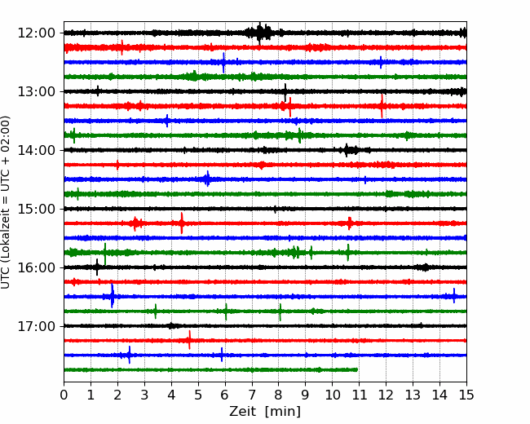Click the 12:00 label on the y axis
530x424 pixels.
point(36,33)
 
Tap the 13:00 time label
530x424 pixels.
point(36,91)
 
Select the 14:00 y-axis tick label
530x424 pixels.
point(36,150)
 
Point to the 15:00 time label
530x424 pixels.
point(36,209)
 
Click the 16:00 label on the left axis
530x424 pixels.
point(36,267)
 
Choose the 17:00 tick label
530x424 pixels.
point(36,326)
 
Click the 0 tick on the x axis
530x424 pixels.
point(64,395)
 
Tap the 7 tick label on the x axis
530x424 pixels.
point(252,395)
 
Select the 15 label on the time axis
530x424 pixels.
point(466,395)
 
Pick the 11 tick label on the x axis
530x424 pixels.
point(359,395)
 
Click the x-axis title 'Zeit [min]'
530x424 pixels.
point(265,412)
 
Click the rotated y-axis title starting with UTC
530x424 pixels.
point(6,202)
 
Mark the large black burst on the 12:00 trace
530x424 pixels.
point(259,33)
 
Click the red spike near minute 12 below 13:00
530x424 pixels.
point(382,106)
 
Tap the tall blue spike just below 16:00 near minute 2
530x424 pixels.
point(113,296)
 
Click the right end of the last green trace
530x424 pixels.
point(357,370)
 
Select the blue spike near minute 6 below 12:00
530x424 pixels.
point(223,63)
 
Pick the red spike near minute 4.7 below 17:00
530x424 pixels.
point(189,340)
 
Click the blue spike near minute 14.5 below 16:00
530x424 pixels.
point(454,296)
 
